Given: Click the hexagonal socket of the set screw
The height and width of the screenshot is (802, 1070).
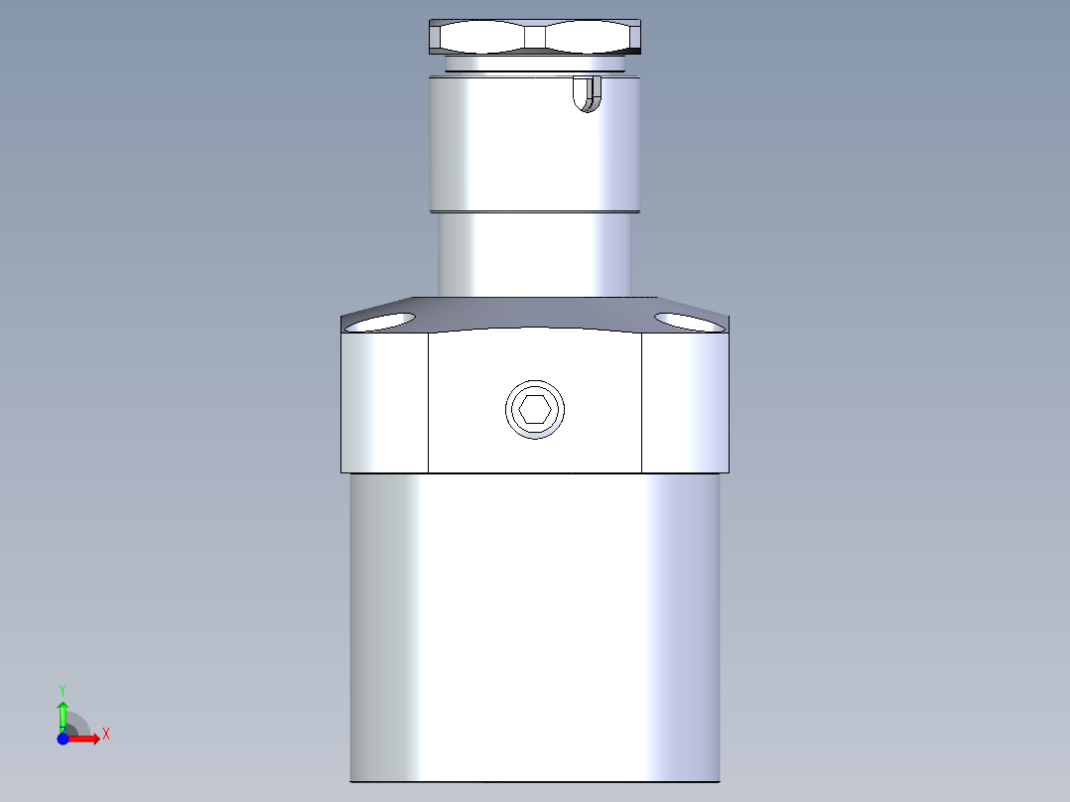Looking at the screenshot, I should point(535,409).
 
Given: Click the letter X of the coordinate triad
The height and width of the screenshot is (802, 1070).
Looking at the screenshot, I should point(105,735).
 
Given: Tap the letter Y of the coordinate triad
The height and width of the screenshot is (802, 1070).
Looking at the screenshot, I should point(63,689).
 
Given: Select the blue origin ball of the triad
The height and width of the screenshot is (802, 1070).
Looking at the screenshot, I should point(64,738).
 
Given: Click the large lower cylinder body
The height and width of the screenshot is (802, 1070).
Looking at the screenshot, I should point(535,625).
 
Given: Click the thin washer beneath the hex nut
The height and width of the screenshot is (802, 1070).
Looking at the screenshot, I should point(535,65).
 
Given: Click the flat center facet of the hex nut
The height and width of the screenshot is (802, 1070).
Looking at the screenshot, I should point(535,38).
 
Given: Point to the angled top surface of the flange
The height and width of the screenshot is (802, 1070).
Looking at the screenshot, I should point(535,312).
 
